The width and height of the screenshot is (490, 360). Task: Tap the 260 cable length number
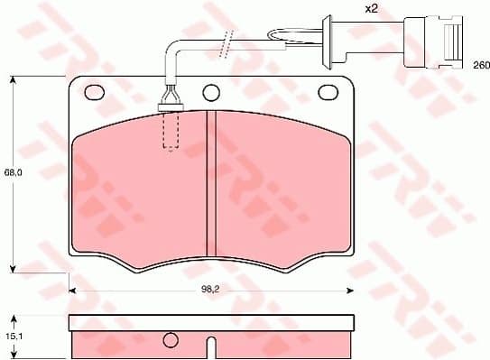(x=481, y=66)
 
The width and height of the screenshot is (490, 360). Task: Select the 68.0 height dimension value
(x=12, y=171)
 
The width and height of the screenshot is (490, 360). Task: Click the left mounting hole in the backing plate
(x=92, y=92)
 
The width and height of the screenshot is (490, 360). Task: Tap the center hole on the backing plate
(x=211, y=92)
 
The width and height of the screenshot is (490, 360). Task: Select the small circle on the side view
(x=171, y=340)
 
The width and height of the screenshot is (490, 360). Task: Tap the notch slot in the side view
(x=209, y=347)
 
